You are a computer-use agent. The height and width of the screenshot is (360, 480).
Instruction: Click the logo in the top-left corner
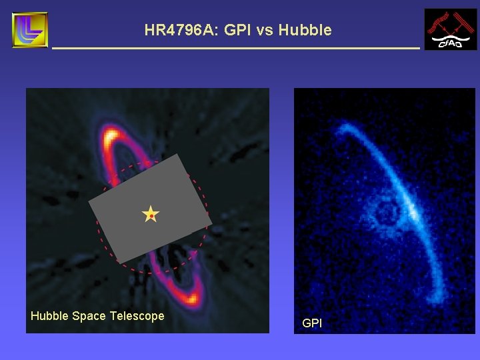(30, 29)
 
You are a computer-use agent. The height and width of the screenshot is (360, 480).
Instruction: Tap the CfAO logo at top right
(451, 29)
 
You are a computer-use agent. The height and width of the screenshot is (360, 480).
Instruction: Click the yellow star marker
(151, 215)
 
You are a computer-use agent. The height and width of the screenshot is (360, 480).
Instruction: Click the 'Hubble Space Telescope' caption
(97, 316)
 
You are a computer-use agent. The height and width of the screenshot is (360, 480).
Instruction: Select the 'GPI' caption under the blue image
(311, 323)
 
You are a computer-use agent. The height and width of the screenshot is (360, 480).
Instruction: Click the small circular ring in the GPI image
(386, 214)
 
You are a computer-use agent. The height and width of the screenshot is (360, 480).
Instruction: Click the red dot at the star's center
(151, 216)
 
